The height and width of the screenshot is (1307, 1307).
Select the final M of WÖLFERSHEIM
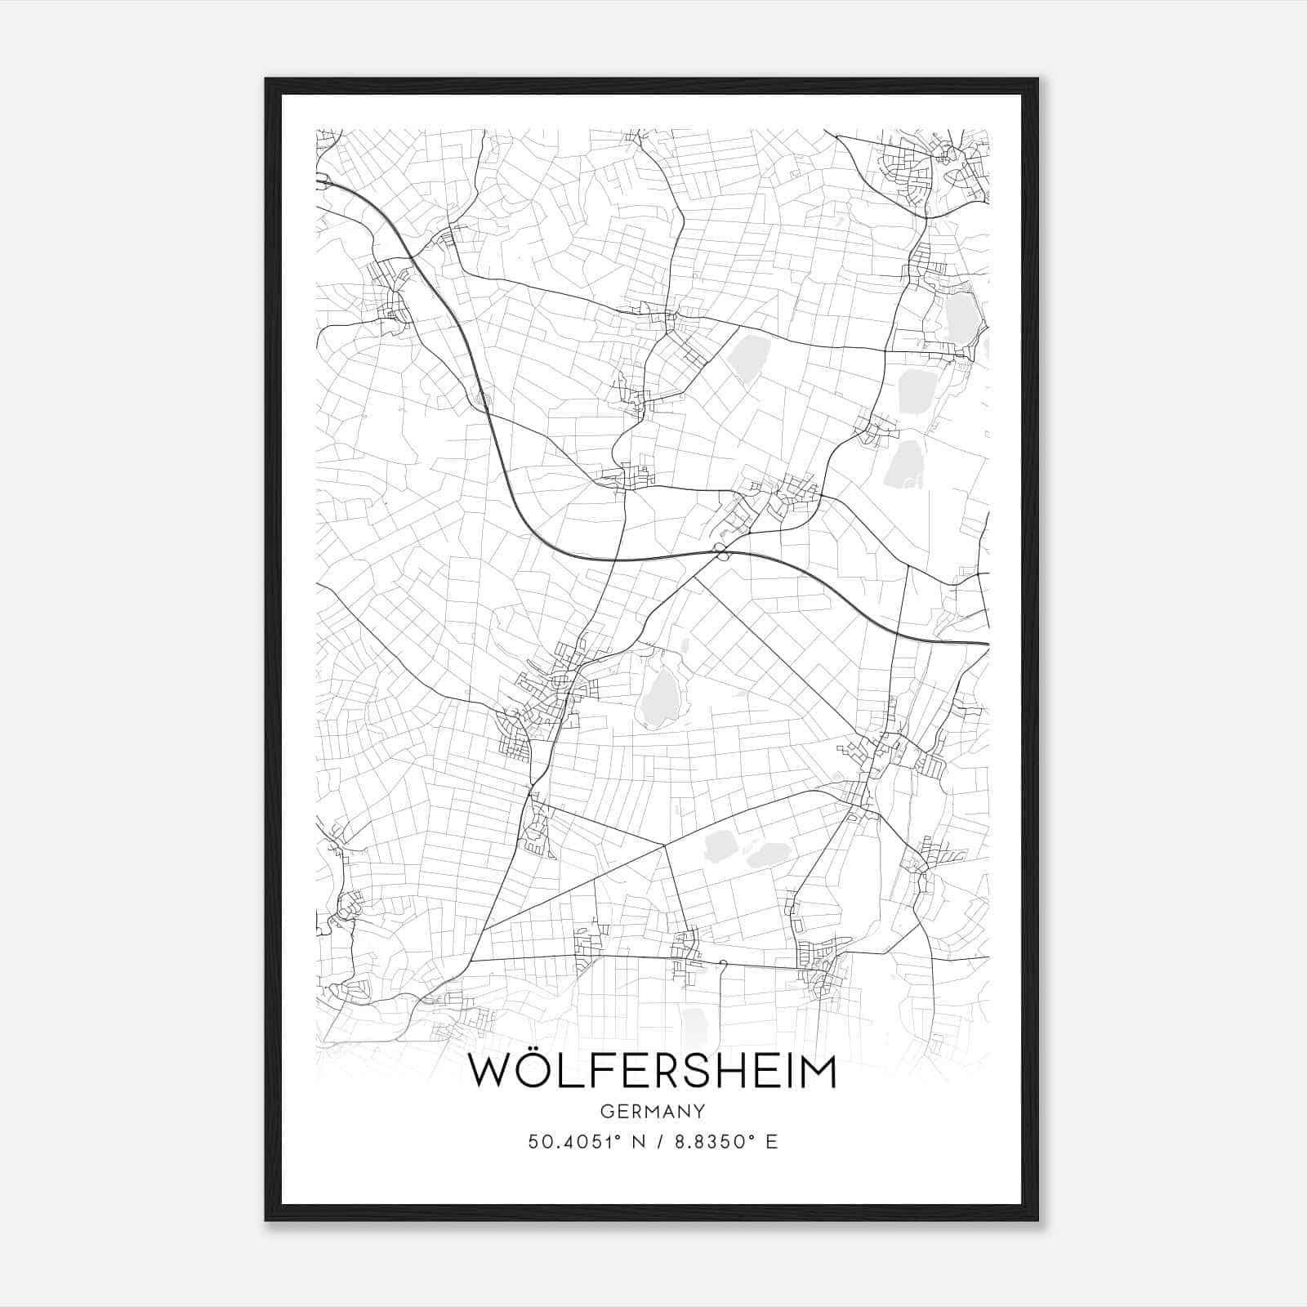817,1072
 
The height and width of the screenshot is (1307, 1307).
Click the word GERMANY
653,1111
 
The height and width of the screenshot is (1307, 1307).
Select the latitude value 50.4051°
576,1142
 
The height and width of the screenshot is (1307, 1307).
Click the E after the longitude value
771,1142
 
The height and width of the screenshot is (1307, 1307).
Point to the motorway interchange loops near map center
720,551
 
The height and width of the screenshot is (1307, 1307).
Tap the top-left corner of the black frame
267,80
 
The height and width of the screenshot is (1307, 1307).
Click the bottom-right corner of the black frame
1037,1219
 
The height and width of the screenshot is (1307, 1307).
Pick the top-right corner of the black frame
1037,80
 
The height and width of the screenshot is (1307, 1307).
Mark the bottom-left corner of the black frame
267,1219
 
